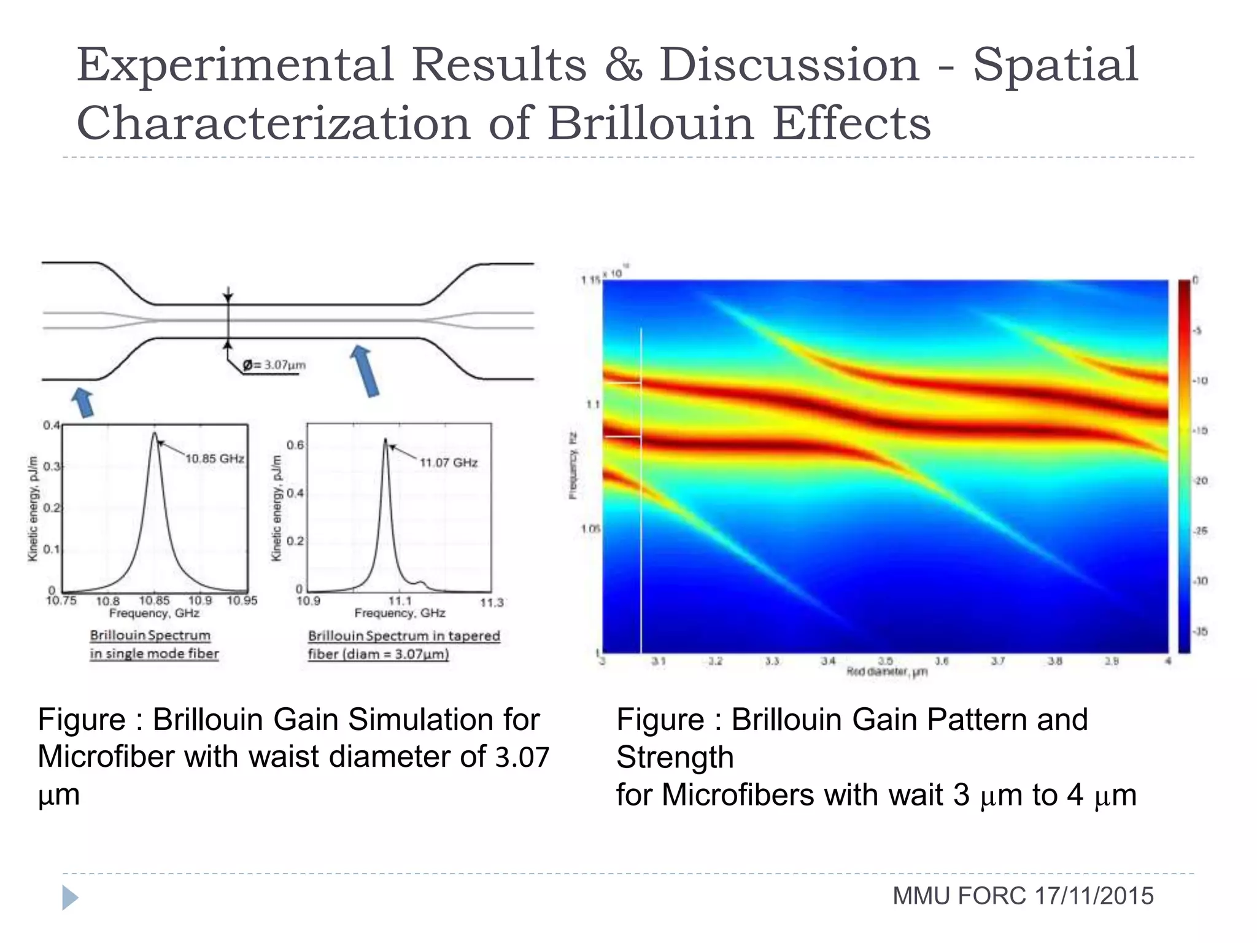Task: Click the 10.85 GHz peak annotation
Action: (x=214, y=459)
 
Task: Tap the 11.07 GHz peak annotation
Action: (x=448, y=462)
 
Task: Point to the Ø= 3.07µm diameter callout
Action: (x=274, y=365)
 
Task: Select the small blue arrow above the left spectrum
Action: (x=83, y=402)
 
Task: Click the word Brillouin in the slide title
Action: (x=650, y=123)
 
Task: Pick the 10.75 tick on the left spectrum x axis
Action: (x=61, y=600)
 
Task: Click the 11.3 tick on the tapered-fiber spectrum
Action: (x=491, y=603)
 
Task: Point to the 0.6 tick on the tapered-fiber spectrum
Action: (x=295, y=444)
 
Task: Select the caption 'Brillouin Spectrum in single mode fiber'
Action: (x=154, y=644)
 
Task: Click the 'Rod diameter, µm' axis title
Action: (x=886, y=672)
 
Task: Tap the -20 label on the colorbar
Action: (x=1200, y=481)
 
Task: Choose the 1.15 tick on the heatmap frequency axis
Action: (x=590, y=281)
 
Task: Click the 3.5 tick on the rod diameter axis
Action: (x=885, y=661)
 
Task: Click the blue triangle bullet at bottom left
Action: (x=70, y=898)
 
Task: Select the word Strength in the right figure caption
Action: (x=675, y=757)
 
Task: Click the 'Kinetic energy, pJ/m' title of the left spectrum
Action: (x=33, y=508)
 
